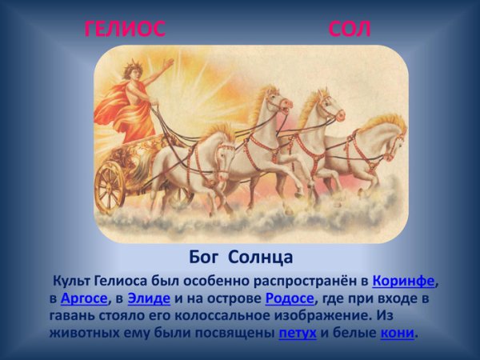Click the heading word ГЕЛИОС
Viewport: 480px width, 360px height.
pos(125,30)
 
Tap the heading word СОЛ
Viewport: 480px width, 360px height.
pos(350,30)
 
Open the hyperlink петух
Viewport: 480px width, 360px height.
pos(298,333)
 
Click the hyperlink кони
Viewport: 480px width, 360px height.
pos(398,333)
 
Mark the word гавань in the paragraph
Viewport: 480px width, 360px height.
pos(74,316)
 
